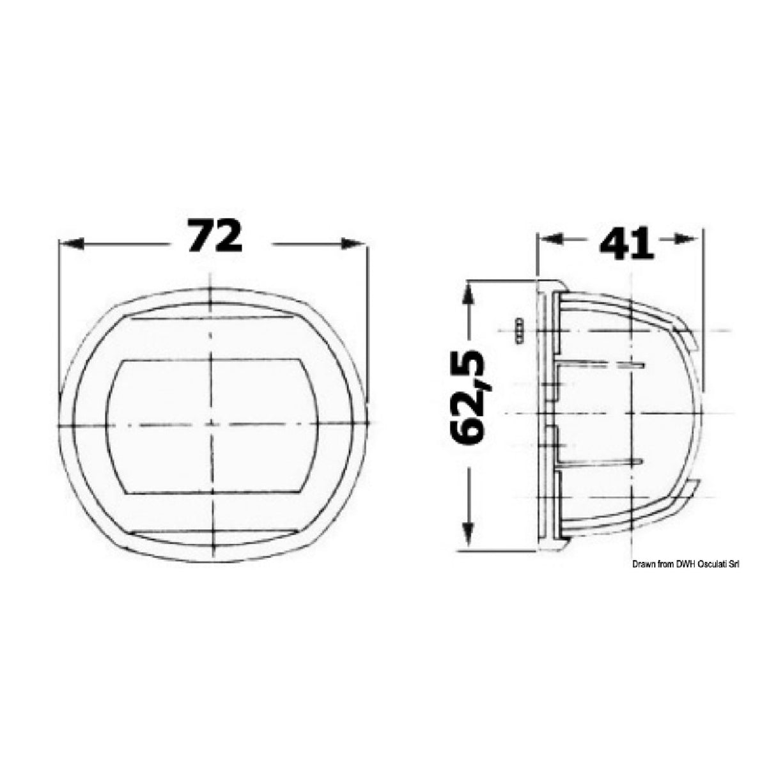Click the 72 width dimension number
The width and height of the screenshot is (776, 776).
[x=215, y=237]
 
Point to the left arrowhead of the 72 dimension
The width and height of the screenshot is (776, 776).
[x=70, y=244]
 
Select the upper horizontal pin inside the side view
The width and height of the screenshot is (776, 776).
[x=601, y=365]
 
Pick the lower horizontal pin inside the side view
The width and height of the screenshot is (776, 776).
[x=601, y=461]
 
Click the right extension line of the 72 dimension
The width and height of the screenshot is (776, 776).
[x=368, y=320]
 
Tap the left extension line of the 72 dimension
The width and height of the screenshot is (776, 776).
[x=58, y=320]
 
